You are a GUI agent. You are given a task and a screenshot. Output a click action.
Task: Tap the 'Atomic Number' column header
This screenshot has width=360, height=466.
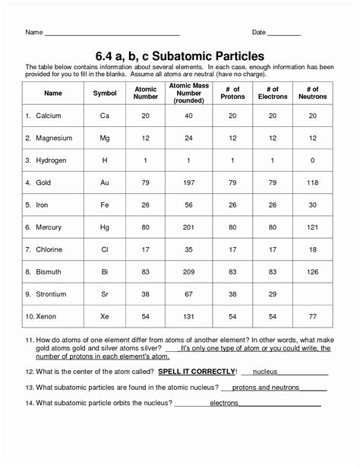click(146, 94)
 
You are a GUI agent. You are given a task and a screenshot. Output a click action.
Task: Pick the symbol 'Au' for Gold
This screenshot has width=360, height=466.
click(105, 182)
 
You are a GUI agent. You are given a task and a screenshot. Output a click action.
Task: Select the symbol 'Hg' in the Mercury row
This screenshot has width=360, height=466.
click(105, 227)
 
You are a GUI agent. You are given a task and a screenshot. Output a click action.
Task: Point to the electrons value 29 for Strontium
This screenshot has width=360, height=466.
click(273, 293)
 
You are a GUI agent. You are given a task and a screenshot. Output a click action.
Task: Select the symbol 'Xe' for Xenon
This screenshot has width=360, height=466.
click(105, 315)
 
